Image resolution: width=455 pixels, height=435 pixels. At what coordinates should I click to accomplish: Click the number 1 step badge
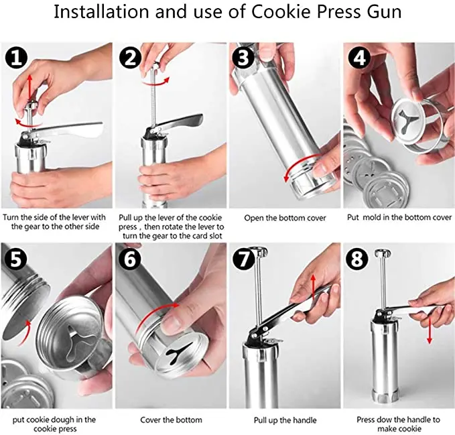pyautogui.click(x=16, y=58)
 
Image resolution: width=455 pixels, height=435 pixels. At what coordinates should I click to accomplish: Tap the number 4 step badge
pyautogui.click(x=359, y=58)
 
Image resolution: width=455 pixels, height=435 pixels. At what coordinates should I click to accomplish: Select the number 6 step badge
pyautogui.click(x=130, y=259)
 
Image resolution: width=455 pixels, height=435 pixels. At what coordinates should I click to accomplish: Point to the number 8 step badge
pyautogui.click(x=358, y=259)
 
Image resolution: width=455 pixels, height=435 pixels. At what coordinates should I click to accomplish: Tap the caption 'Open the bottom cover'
pyautogui.click(x=285, y=218)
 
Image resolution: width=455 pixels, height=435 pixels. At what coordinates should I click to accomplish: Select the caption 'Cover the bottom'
pyautogui.click(x=171, y=420)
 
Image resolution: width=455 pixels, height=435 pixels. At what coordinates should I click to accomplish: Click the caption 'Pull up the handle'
pyautogui.click(x=285, y=420)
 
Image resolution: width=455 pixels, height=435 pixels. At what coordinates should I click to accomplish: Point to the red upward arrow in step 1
pyautogui.click(x=29, y=88)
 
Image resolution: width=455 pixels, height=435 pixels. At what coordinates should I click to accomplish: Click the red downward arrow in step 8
pyautogui.click(x=430, y=329)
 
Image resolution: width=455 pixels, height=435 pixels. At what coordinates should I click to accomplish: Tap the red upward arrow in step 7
pyautogui.click(x=313, y=288)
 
